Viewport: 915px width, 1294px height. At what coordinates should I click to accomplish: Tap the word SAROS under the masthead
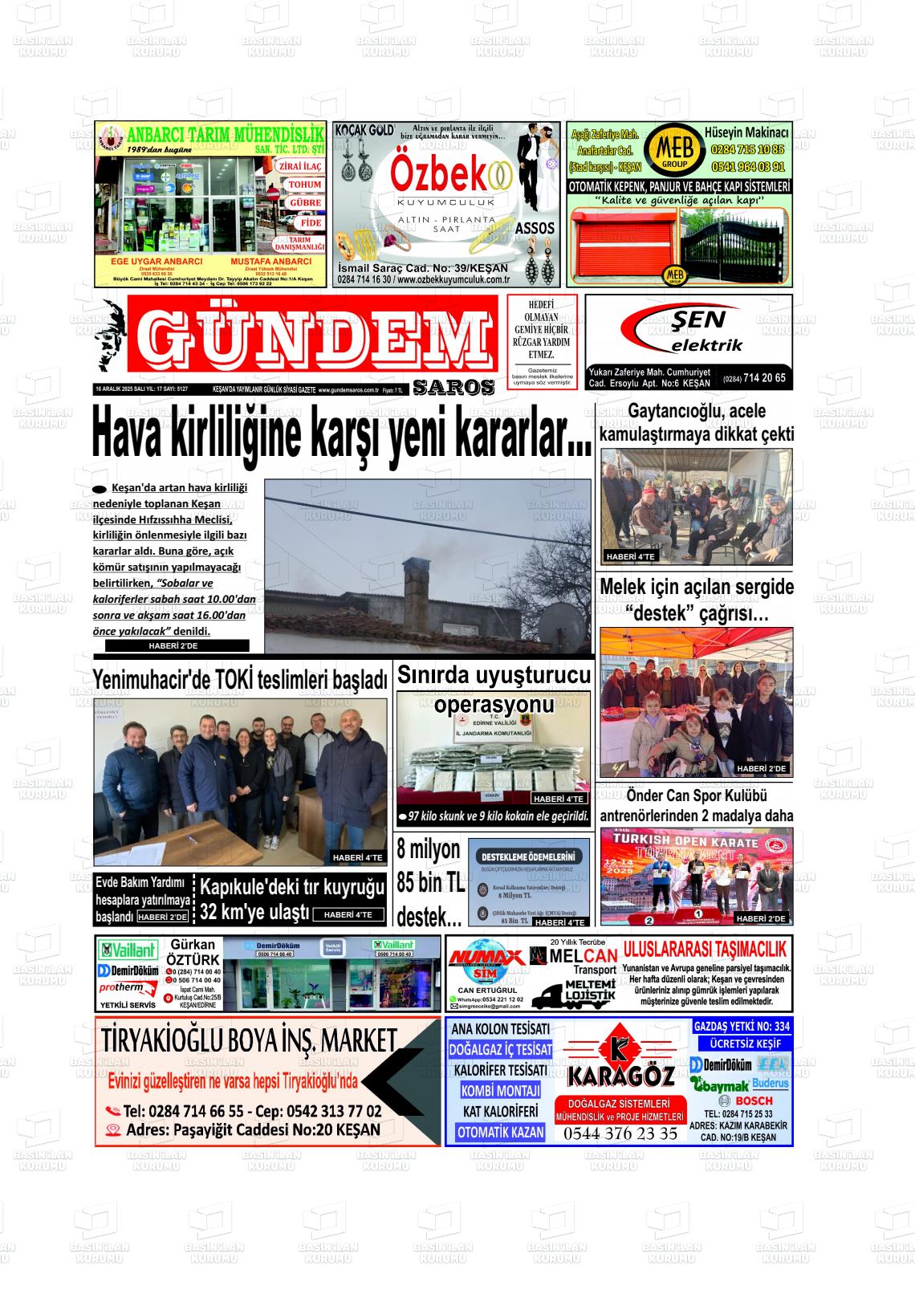click(x=453, y=388)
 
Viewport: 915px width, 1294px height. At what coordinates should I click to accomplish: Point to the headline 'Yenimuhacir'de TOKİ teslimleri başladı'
click(x=240, y=680)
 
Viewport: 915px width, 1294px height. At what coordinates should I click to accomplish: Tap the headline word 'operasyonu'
click(x=494, y=705)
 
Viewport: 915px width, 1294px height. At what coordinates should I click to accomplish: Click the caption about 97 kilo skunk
click(x=494, y=816)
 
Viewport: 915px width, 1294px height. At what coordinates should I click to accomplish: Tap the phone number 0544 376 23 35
click(x=620, y=1134)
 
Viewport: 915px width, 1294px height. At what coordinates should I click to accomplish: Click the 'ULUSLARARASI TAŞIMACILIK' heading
click(x=705, y=950)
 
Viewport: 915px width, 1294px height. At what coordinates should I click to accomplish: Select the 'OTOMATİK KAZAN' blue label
click(x=501, y=1133)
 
